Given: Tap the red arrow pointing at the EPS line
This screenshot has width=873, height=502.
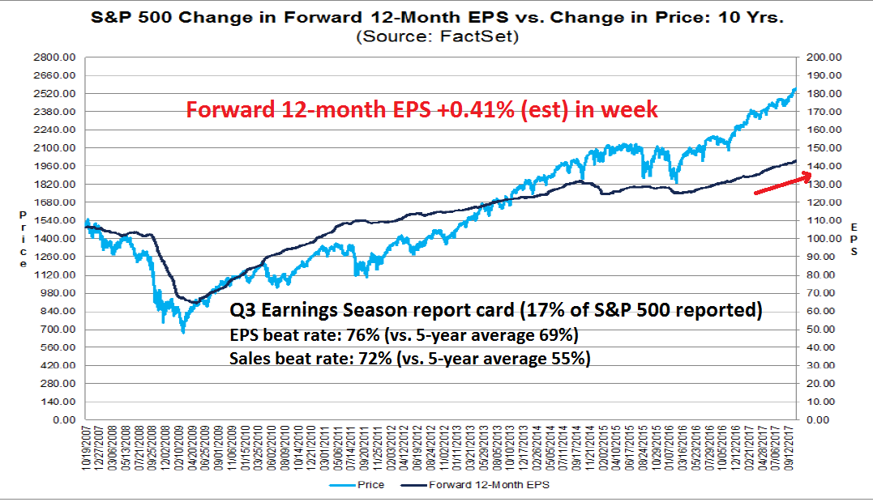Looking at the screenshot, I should click(x=781, y=183).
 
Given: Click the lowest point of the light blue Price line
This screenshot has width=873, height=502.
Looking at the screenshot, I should click(x=183, y=332).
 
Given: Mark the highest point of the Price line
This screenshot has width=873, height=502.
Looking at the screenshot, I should click(x=795, y=89).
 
